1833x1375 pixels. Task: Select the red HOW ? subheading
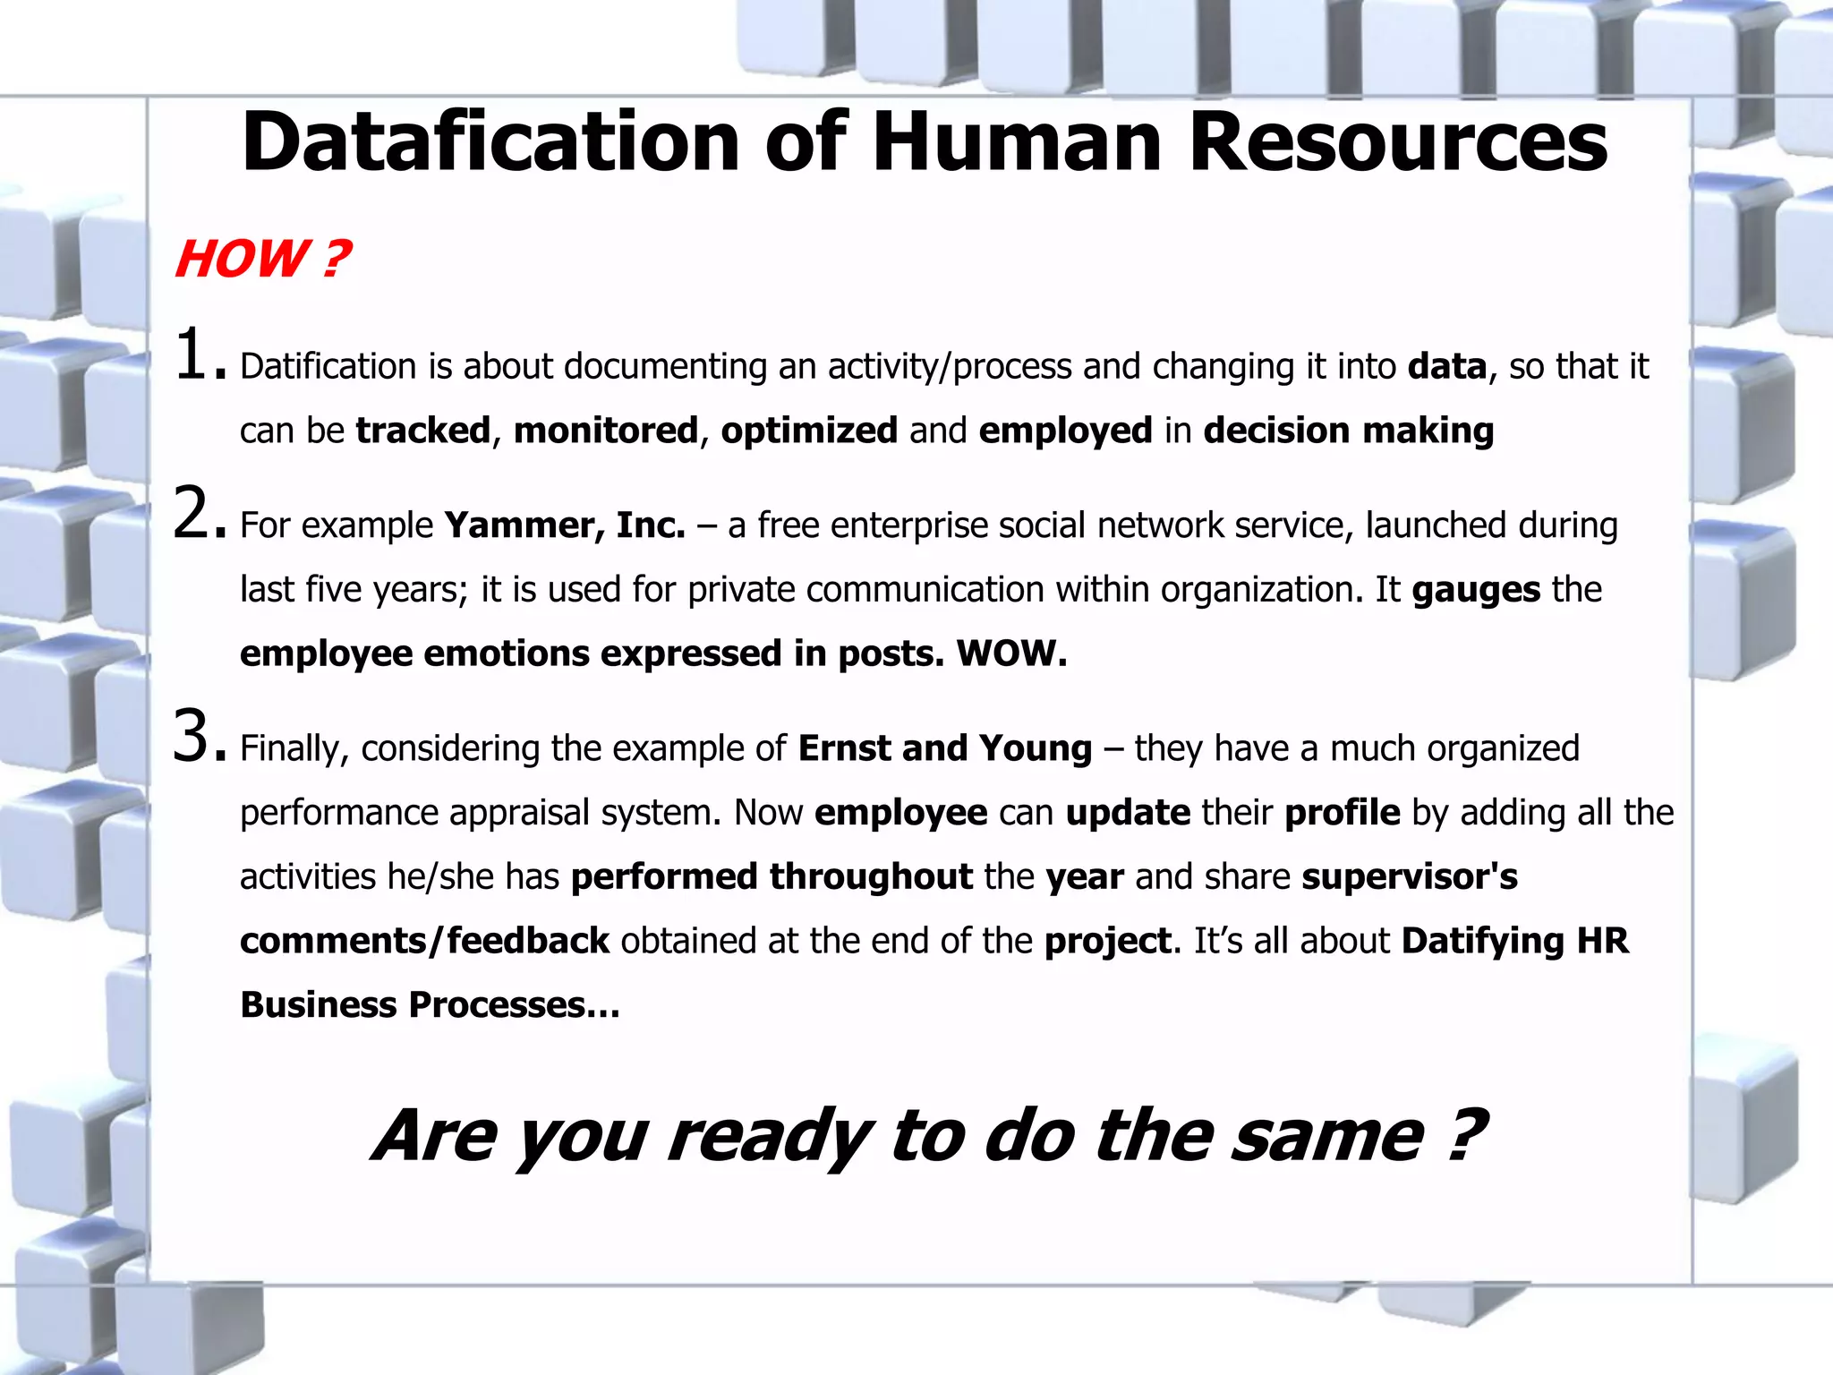262,260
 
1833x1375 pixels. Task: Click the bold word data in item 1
1447,366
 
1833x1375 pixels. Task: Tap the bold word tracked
423,431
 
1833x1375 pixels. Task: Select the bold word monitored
605,431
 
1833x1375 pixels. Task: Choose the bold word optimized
809,431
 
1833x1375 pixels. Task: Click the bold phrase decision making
1349,431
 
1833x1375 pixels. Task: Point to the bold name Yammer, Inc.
565,525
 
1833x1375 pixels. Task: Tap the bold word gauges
1476,590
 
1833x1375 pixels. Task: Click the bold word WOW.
1011,653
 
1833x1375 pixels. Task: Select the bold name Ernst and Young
945,748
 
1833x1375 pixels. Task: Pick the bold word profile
1342,813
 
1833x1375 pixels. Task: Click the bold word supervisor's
1410,877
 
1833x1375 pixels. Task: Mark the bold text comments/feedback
424,941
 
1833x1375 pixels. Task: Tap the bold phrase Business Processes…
430,1005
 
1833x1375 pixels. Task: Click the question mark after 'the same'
1465,1134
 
